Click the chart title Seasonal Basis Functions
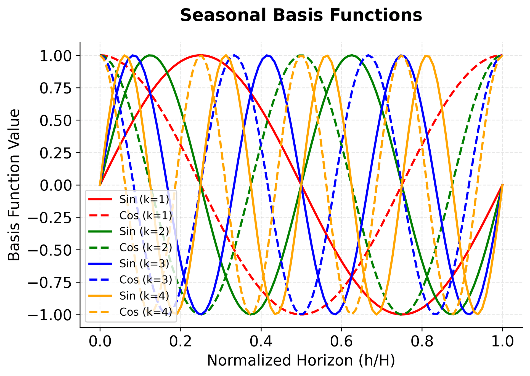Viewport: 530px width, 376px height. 301,15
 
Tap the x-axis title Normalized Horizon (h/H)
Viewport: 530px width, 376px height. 301,361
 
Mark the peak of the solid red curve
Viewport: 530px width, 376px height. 201,55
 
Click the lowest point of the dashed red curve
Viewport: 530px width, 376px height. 301,315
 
